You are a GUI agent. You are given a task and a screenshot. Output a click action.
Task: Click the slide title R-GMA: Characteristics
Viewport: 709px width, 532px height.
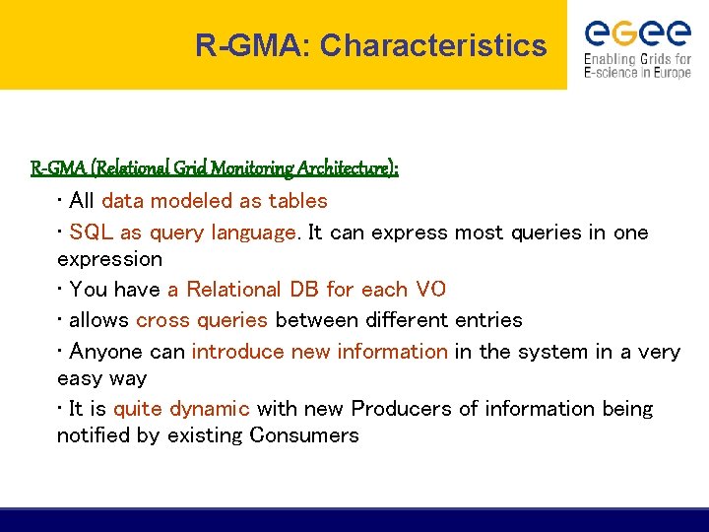[370, 45]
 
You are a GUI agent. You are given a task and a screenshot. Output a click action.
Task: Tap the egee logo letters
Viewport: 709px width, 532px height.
[638, 33]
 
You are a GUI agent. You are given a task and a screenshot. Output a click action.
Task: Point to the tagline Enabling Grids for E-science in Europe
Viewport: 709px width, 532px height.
[637, 66]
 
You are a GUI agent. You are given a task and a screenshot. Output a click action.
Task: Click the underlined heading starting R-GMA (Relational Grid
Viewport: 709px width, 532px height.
[215, 168]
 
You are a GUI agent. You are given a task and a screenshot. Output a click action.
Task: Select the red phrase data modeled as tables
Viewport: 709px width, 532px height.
[215, 201]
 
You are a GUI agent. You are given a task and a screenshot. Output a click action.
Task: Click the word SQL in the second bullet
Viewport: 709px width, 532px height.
[92, 233]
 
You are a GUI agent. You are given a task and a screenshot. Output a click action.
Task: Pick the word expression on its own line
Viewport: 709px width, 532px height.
[109, 259]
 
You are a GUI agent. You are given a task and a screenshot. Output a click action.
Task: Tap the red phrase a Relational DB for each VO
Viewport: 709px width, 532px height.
[306, 290]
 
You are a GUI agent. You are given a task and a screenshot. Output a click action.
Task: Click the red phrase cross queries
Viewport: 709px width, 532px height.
[202, 320]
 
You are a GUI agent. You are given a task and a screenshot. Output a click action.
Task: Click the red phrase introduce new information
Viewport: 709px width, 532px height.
[319, 352]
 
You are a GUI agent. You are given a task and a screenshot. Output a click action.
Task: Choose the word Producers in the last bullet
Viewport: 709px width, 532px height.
[398, 409]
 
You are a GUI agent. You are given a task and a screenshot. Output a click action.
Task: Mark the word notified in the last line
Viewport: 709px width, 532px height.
[94, 435]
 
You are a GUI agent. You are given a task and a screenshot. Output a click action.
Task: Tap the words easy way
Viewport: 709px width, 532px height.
[101, 378]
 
